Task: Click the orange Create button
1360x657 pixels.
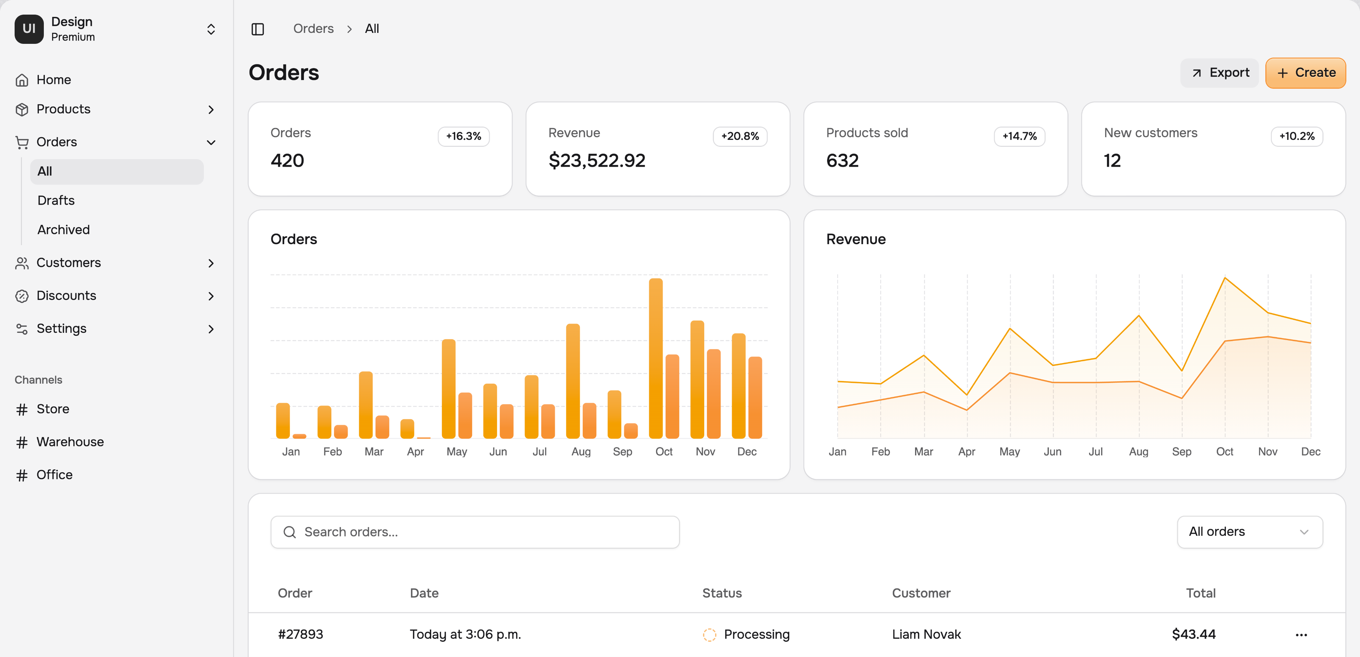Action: pyautogui.click(x=1305, y=73)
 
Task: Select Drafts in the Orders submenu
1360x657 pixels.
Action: pyautogui.click(x=56, y=201)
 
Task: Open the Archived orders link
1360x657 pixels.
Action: pyautogui.click(x=63, y=230)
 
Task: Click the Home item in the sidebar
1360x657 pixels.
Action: pyautogui.click(x=53, y=80)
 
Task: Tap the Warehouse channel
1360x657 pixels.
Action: pyautogui.click(x=70, y=442)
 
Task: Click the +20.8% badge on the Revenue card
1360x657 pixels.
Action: pyautogui.click(x=740, y=136)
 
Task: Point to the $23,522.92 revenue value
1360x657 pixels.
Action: pyautogui.click(x=597, y=160)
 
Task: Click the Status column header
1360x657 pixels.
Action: pyautogui.click(x=722, y=594)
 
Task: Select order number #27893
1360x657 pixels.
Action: pyautogui.click(x=300, y=634)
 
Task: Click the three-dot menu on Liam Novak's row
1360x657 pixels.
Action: pyautogui.click(x=1301, y=635)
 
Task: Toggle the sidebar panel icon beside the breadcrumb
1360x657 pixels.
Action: pyautogui.click(x=258, y=29)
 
